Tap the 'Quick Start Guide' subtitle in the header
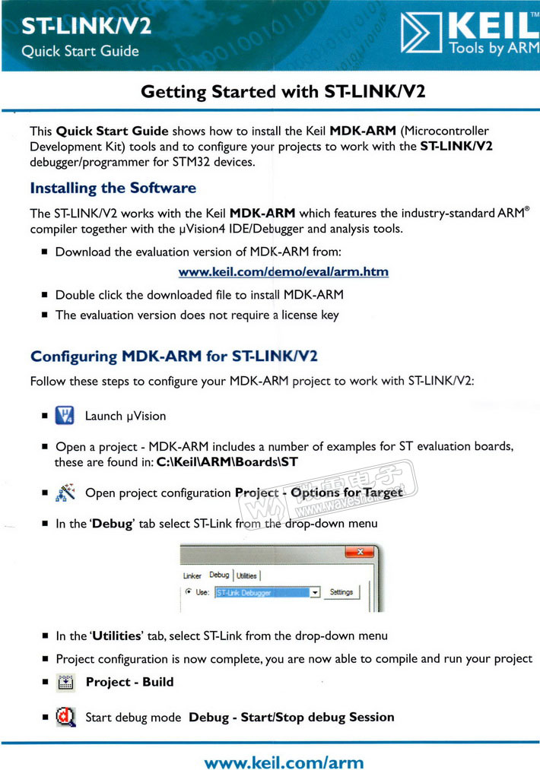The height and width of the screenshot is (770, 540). (80, 52)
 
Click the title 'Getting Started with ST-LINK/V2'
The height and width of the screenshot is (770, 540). (282, 92)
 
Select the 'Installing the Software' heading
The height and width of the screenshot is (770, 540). (113, 188)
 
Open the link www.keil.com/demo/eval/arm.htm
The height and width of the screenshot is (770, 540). (283, 271)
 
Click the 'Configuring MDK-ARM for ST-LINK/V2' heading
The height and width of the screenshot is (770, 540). (173, 356)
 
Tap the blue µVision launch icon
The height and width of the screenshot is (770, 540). (65, 415)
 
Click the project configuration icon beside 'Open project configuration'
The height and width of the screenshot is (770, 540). (65, 492)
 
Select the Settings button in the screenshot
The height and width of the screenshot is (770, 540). (341, 592)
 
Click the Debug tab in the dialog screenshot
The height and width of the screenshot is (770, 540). (219, 575)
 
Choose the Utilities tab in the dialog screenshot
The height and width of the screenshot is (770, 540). (246, 575)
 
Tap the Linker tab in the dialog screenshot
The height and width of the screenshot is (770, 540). (192, 575)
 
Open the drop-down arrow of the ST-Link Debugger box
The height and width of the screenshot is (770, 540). (315, 592)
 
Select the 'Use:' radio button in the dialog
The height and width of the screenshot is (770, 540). (189, 592)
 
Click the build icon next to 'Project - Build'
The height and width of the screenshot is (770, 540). (65, 682)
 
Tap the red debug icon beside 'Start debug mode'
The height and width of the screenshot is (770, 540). (65, 717)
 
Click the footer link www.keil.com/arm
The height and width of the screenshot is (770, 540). (284, 762)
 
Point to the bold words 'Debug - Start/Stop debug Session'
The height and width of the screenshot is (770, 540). (291, 717)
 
